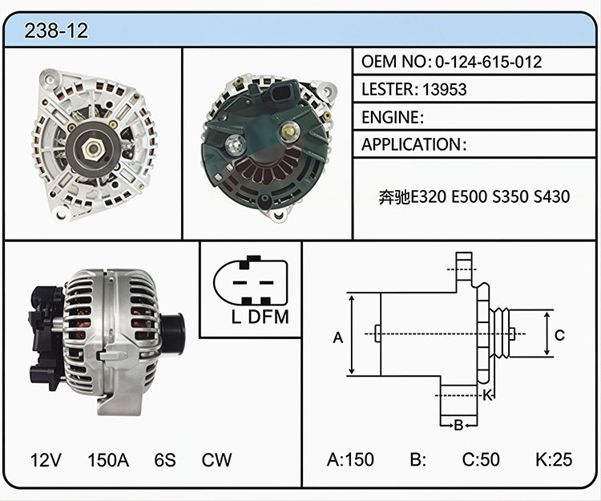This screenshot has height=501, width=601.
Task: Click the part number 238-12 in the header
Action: [56, 30]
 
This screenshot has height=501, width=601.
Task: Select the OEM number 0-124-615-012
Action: [488, 62]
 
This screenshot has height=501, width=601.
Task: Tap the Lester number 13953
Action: [445, 89]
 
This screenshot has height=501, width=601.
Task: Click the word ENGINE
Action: [390, 117]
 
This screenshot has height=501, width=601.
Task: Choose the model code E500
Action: [470, 196]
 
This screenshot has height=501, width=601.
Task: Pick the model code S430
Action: [552, 196]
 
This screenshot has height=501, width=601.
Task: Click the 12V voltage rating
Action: [46, 460]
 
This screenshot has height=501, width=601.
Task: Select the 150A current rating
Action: [108, 460]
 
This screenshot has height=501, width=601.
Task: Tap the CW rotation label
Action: [216, 460]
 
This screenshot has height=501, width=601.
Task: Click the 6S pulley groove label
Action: [165, 460]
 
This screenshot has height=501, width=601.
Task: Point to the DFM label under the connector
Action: [268, 317]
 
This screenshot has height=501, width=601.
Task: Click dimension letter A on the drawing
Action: [337, 337]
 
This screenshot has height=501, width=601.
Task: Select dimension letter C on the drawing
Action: [559, 335]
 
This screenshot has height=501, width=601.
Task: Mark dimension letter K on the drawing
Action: [486, 395]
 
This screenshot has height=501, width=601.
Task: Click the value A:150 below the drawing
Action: [350, 459]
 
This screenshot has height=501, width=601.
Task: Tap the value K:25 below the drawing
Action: [554, 459]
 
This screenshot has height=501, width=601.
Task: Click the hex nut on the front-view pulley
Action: [93, 148]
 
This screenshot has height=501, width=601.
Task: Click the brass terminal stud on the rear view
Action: [288, 131]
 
